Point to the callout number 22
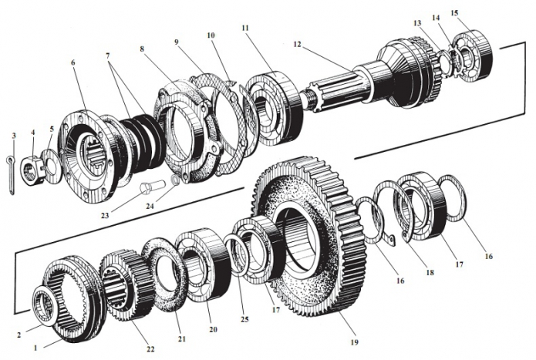tap(150, 349)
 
